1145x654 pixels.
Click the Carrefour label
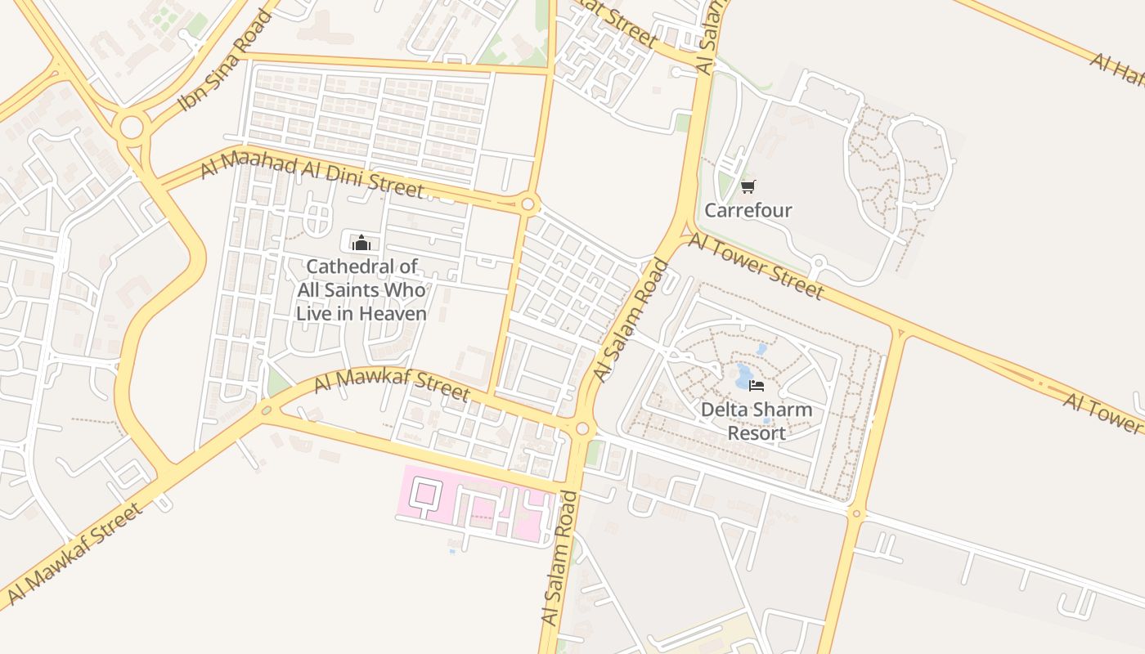[748, 210]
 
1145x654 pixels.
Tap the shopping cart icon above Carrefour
[748, 187]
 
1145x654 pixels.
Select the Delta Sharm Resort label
[757, 421]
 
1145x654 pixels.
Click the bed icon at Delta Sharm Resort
[757, 385]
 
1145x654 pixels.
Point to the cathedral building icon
[361, 243]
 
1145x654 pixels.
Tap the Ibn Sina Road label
[225, 61]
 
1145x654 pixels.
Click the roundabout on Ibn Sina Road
[131, 128]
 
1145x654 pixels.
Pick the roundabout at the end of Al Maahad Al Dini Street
[528, 204]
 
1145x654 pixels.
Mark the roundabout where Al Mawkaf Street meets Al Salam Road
[581, 428]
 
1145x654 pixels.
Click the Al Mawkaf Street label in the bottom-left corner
[74, 554]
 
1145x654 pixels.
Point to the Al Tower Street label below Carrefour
[756, 265]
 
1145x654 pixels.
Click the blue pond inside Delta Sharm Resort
[743, 377]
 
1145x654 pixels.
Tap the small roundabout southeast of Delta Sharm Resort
[856, 513]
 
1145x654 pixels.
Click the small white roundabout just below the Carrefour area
[817, 263]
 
